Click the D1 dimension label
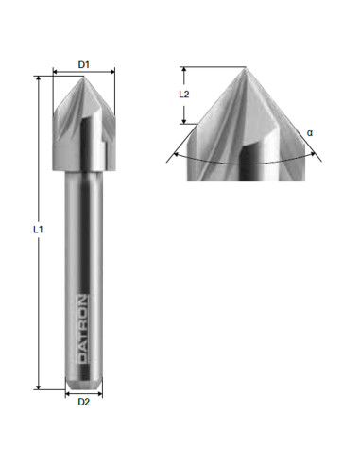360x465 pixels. pos(82,63)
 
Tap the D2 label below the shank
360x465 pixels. pos(82,402)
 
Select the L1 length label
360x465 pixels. pos(27,231)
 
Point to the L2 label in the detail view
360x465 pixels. pos(185,95)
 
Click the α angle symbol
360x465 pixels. pos(309,133)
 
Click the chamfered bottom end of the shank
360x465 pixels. pos(82,383)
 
